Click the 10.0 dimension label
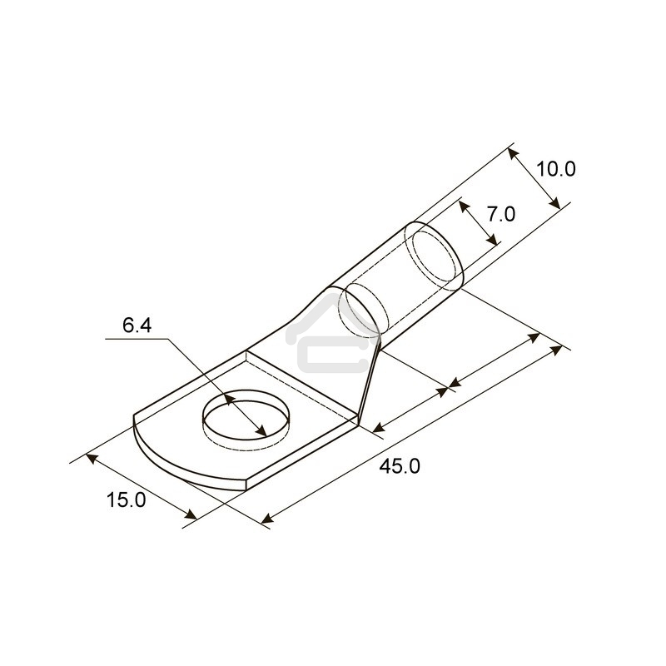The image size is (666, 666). point(556,169)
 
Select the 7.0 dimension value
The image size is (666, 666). point(501,214)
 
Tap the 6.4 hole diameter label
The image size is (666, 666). point(137,326)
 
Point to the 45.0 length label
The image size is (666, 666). point(400,466)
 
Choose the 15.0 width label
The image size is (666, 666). point(126,500)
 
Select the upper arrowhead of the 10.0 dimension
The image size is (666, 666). point(513,154)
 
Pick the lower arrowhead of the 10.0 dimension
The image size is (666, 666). point(554,202)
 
